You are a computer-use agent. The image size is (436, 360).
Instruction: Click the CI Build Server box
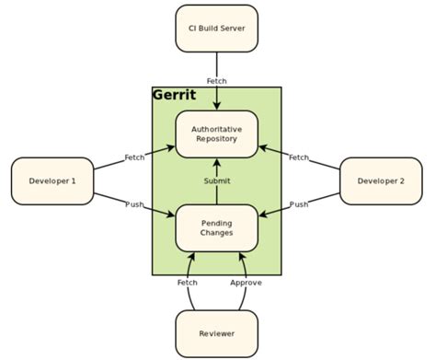(216, 28)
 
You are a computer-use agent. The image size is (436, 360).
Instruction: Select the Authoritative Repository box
(216, 133)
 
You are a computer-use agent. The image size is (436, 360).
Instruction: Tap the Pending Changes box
(216, 226)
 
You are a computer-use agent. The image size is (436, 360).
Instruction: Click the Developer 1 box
(53, 180)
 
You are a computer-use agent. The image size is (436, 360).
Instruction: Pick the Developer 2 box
(380, 180)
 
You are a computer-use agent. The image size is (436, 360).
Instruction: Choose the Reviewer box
(216, 333)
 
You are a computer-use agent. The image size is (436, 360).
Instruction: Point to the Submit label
(217, 180)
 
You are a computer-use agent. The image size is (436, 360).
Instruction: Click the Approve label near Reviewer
(246, 283)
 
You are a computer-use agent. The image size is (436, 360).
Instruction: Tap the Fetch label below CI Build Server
(217, 80)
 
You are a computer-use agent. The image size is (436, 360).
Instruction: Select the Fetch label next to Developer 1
(134, 157)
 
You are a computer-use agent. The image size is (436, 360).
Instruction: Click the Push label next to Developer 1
(134, 203)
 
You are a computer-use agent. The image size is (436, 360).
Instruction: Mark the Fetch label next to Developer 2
(299, 157)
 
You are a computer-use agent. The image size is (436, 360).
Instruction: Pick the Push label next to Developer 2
(299, 203)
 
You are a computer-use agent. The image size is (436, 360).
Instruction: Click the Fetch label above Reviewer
(187, 283)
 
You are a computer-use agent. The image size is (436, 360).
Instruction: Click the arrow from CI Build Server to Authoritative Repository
(217, 97)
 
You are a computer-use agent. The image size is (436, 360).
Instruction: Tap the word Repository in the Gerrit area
(216, 139)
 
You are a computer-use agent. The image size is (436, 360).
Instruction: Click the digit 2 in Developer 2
(403, 180)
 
